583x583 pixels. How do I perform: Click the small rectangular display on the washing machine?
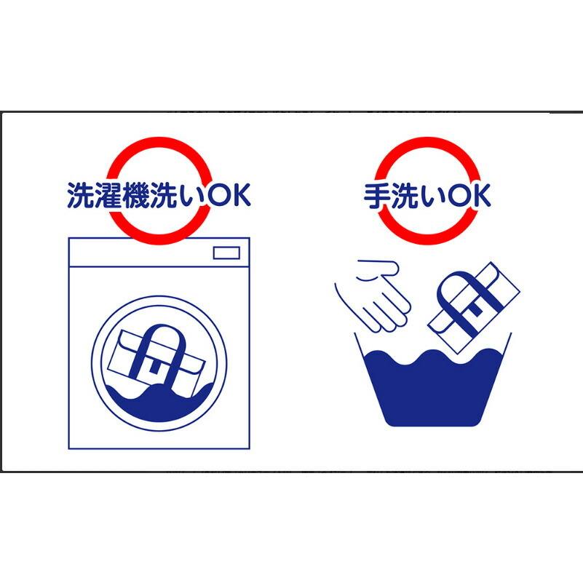[x=226, y=253]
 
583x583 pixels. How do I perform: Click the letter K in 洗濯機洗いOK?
[x=241, y=195]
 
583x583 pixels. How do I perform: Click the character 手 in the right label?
[x=376, y=196]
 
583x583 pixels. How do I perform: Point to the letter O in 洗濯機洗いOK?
[x=218, y=195]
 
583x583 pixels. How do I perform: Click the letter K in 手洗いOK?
[x=482, y=195]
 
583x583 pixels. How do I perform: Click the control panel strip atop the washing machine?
[x=159, y=252]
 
